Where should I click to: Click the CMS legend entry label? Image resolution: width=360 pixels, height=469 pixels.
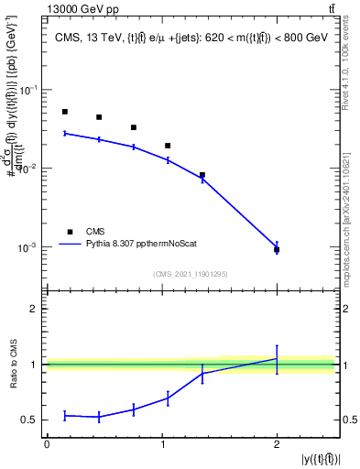click(96, 232)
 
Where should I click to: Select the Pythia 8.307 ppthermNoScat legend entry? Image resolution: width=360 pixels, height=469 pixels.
click(136, 245)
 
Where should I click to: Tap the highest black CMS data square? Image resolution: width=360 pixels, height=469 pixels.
click(65, 112)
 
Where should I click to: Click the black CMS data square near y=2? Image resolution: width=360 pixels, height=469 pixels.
click(277, 249)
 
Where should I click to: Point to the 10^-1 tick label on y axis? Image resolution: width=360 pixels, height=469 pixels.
click(30, 90)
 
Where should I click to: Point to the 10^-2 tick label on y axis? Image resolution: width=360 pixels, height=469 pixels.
click(30, 169)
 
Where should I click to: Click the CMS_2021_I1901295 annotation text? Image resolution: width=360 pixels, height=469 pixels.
click(191, 274)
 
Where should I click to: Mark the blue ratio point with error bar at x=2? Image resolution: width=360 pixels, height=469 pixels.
click(277, 359)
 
